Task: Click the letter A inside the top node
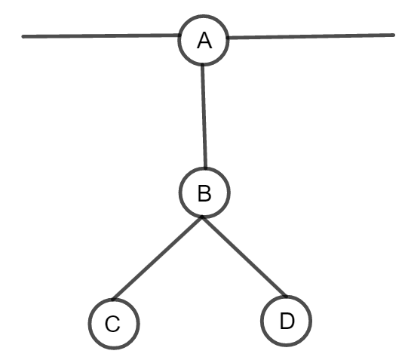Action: point(204,41)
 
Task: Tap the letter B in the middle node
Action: point(204,193)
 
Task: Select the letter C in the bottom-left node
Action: point(112,324)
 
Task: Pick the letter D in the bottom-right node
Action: point(287,321)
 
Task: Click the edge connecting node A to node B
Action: point(204,116)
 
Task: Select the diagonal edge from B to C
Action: point(157,258)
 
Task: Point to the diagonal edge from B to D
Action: point(244,257)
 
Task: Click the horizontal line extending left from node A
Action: point(101,35)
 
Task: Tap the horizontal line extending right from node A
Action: point(311,36)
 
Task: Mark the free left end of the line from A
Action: point(23,37)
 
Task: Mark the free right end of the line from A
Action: point(394,35)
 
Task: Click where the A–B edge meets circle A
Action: point(203,64)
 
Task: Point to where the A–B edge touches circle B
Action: point(206,168)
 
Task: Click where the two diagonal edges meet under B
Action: point(202,217)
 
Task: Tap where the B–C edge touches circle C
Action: point(112,300)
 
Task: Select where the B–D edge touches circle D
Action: point(286,297)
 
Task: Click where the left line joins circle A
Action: point(179,35)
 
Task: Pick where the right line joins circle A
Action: point(228,38)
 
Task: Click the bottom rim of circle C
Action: point(114,348)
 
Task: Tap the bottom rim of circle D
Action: point(286,345)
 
